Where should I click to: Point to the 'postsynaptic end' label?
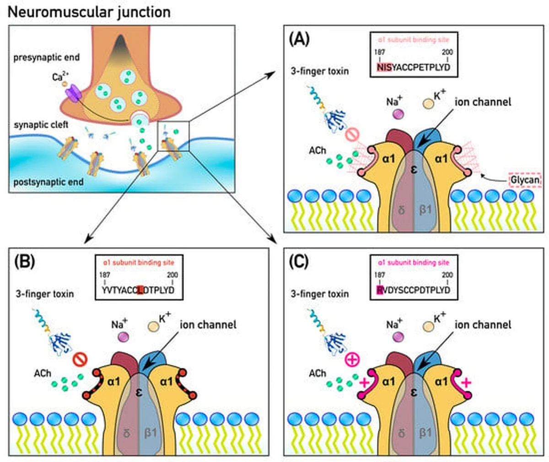click(x=48, y=182)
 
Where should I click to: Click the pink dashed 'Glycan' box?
click(x=525, y=180)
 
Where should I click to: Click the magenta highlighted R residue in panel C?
click(x=379, y=290)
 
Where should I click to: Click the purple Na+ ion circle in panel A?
click(x=397, y=113)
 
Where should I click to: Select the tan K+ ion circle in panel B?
click(x=153, y=327)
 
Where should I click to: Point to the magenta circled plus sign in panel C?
click(x=353, y=360)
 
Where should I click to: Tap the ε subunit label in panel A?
click(x=414, y=170)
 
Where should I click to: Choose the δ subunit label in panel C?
click(x=401, y=433)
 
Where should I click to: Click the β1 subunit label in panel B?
click(x=151, y=433)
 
